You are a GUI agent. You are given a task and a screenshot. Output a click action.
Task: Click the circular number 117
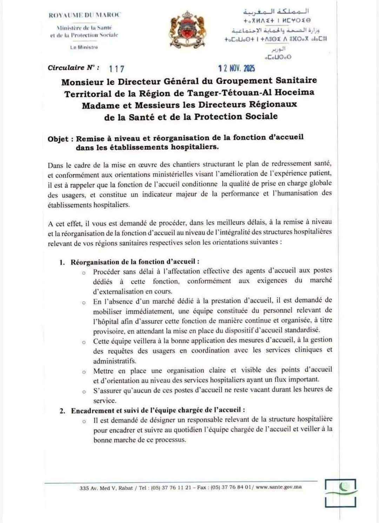tap(117, 68)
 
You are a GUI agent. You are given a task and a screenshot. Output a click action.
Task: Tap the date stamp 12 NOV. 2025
tap(237, 68)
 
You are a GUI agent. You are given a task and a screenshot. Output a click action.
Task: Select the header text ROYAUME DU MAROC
tap(84, 15)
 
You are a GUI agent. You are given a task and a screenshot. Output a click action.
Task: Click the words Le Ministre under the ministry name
tap(84, 47)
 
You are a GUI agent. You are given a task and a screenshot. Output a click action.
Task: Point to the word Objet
tap(58, 139)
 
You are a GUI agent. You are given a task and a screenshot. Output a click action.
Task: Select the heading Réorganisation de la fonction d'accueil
tap(135, 262)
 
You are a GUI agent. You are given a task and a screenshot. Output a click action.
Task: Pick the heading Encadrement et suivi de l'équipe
tap(158, 410)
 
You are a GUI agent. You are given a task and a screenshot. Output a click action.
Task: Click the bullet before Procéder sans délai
tap(84, 273)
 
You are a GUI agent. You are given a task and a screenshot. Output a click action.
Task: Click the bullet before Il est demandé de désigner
tap(84, 421)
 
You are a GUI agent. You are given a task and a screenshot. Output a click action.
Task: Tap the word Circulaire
tap(66, 68)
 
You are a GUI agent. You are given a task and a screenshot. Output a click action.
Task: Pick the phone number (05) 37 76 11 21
tap(171, 488)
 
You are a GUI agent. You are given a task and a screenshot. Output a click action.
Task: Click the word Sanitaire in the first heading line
tap(296, 80)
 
